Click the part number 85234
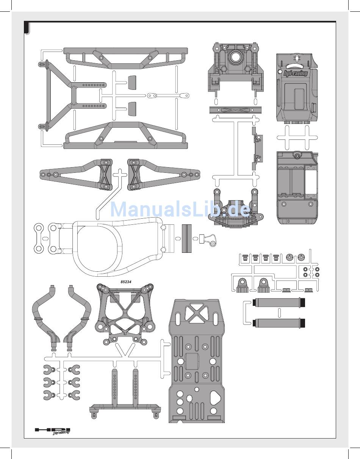126,282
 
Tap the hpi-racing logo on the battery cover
296,73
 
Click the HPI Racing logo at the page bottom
53,431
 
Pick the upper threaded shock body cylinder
279,303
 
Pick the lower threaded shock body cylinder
279,323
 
